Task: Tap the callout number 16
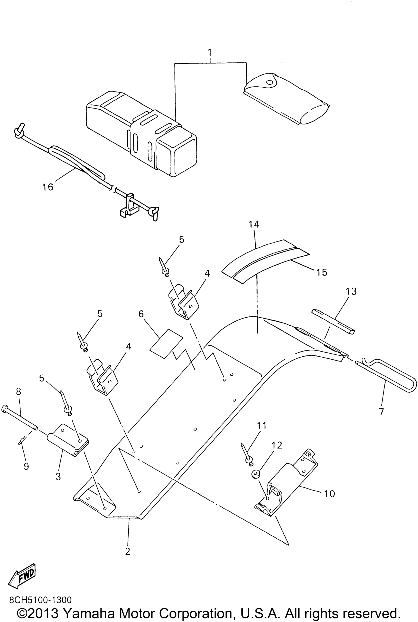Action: coord(48,187)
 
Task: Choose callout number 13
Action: coord(351,292)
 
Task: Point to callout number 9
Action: coord(26,466)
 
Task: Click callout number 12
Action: coord(277,445)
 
